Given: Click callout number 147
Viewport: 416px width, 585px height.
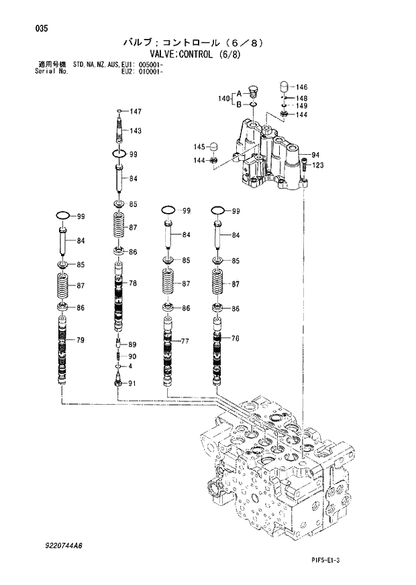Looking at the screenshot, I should (x=136, y=111).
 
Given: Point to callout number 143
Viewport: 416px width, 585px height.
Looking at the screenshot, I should (x=136, y=131).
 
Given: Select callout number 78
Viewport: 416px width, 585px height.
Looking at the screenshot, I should (x=133, y=283).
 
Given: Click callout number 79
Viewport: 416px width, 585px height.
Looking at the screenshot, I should (x=80, y=341).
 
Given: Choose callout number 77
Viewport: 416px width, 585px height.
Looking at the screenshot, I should (x=186, y=341).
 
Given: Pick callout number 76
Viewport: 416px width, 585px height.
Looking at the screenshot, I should (x=235, y=338).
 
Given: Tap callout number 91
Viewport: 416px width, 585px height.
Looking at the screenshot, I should (x=132, y=383).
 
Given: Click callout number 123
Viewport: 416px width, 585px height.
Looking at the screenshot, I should (x=318, y=165).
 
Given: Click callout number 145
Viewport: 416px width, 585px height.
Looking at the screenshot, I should (x=199, y=147).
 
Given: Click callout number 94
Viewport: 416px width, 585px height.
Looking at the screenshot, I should (x=315, y=155).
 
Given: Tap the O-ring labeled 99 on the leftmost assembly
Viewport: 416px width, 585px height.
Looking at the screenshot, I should (x=64, y=216).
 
